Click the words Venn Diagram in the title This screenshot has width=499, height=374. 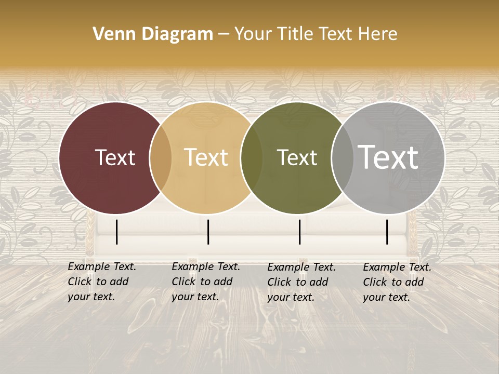[x=153, y=34]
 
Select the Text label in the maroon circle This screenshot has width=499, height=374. [x=115, y=158]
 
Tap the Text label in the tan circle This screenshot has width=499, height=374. [x=206, y=157]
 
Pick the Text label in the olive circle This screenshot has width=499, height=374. [x=297, y=158]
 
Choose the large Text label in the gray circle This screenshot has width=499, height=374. [x=388, y=157]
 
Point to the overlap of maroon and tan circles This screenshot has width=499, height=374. [x=161, y=158]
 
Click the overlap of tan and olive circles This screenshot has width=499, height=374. [x=252, y=158]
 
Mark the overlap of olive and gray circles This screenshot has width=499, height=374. [x=342, y=158]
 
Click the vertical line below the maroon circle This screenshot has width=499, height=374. [x=117, y=232]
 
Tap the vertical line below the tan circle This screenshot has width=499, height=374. [x=208, y=232]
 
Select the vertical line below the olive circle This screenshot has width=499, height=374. [x=299, y=232]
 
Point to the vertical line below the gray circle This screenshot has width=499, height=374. [x=387, y=232]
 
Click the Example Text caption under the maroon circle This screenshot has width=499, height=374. [x=102, y=267]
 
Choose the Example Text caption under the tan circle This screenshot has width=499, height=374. [x=206, y=267]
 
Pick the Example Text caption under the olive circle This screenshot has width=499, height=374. [x=301, y=268]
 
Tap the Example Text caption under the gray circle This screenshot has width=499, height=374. [x=397, y=268]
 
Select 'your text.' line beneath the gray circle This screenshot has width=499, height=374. [x=386, y=298]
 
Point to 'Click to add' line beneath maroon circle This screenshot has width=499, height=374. [x=98, y=282]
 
